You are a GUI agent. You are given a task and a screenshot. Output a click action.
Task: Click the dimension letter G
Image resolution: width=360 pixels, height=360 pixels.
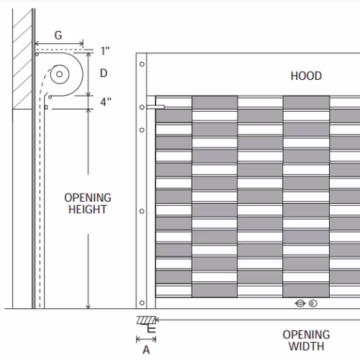point(58,35)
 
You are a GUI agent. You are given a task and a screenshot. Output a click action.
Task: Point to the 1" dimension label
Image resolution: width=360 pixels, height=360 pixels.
point(105,51)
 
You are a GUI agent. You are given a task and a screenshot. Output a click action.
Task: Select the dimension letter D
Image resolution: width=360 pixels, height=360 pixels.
point(104,73)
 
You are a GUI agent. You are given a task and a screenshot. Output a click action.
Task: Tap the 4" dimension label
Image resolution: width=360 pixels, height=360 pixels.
point(106,102)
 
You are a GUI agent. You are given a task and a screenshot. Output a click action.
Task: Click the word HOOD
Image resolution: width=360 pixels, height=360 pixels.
point(306,76)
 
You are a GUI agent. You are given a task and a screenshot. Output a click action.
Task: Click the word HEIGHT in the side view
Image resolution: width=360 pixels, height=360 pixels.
point(88,210)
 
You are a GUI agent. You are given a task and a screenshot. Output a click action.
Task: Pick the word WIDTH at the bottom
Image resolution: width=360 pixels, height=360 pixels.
point(307,346)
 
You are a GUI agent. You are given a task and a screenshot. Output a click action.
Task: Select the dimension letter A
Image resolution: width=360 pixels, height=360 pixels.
point(146,350)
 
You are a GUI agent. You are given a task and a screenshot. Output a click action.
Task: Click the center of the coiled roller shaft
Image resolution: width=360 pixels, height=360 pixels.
point(60,74)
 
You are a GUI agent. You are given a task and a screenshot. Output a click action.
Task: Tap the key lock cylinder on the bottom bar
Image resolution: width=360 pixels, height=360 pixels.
point(300,303)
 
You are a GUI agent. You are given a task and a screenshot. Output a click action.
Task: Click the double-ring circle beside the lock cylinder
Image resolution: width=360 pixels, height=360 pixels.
point(312,303)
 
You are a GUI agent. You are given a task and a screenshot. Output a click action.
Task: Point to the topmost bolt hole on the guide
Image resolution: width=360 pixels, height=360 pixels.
point(142,64)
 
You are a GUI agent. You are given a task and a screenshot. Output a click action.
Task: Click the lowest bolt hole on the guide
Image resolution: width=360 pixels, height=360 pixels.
point(142,302)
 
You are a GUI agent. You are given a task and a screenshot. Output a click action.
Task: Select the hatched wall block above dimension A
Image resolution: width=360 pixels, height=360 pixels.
point(146,320)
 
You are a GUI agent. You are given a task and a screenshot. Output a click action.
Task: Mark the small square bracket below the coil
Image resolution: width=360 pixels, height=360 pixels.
point(46,107)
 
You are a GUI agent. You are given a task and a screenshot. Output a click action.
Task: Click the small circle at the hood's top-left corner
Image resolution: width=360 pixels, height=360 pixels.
point(37,54)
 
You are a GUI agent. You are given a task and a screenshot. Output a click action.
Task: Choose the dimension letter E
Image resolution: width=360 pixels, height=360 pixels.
point(151,329)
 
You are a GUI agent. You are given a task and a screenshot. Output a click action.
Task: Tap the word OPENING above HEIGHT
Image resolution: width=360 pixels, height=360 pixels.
point(88,197)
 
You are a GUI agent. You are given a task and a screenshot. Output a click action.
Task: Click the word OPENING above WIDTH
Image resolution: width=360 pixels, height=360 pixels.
point(307,335)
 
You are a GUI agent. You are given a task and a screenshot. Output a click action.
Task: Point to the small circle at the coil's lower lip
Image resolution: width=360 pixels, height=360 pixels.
point(50,97)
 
